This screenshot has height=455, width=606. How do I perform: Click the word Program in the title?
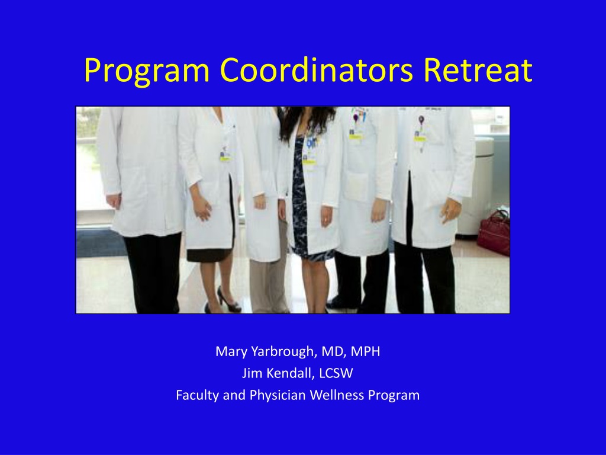pos(147,71)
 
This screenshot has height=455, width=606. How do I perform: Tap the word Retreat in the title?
pos(478,70)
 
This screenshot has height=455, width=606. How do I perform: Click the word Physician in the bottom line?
pos(278,395)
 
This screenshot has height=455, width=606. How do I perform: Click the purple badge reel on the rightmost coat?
pos(421,118)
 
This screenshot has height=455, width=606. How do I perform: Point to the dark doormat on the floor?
pos(101,242)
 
